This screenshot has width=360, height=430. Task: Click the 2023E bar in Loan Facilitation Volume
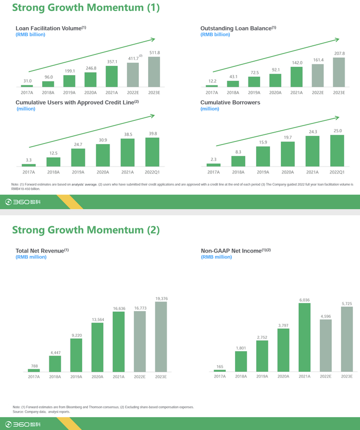[154, 72]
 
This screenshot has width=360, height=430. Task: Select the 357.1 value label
[112, 61]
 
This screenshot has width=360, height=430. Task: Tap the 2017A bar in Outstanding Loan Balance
[211, 86]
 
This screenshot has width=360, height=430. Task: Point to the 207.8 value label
[339, 53]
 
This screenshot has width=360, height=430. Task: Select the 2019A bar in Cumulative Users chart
[78, 158]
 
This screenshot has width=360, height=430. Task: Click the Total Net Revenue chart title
[42, 250]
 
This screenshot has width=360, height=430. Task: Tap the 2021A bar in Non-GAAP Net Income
[304, 337]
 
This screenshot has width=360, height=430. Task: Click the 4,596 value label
[326, 316]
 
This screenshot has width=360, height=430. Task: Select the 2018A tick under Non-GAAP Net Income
[241, 377]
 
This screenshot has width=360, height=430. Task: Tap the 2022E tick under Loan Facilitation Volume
[133, 92]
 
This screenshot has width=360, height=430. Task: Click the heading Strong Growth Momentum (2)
[86, 229]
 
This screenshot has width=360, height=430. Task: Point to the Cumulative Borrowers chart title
[231, 102]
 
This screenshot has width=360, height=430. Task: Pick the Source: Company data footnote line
[41, 412]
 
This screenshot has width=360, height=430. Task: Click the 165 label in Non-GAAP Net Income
[220, 367]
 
